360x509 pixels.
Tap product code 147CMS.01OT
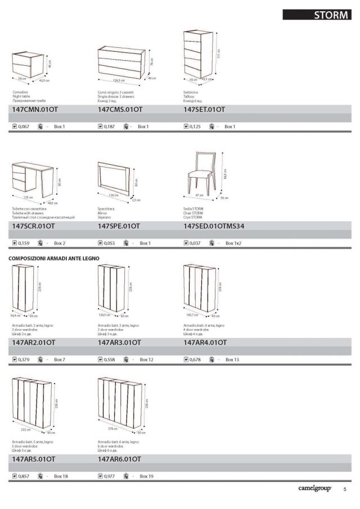120,110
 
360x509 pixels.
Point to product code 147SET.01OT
204,110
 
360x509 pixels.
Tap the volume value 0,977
110,476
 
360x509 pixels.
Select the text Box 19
147,476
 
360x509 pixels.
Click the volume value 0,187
110,127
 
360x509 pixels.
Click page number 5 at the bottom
345,489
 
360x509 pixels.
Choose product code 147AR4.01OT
205,342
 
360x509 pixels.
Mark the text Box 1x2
233,244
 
